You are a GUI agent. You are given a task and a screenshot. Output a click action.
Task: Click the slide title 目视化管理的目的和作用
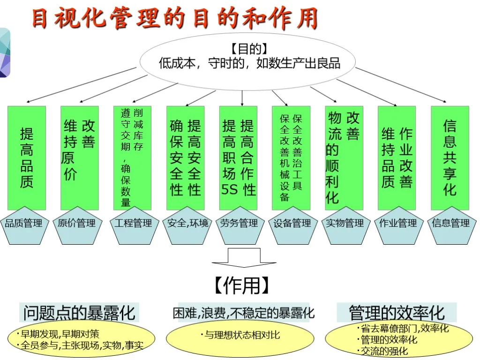coord(174,19)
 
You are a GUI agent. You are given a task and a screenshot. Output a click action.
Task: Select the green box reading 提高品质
coord(27,157)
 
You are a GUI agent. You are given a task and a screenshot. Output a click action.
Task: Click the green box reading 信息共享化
coord(450,157)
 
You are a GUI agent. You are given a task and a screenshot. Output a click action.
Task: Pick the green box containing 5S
coord(239,157)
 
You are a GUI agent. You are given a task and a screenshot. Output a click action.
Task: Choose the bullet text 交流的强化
coord(383,351)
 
